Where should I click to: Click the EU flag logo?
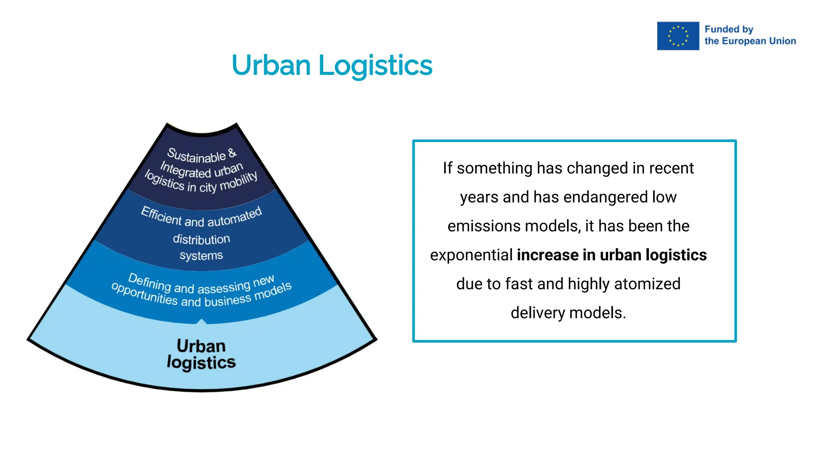pyautogui.click(x=678, y=36)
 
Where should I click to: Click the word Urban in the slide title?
pyautogui.click(x=271, y=65)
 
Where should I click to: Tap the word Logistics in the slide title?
pyautogui.click(x=375, y=65)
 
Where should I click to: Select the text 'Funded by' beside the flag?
pyautogui.click(x=729, y=29)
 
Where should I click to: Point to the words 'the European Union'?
pyautogui.click(x=750, y=41)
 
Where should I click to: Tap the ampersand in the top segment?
pyautogui.click(x=232, y=153)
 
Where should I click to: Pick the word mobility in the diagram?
pyautogui.click(x=239, y=181)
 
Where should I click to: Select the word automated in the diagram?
pyautogui.click(x=235, y=217)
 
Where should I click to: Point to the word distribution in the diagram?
pyautogui.click(x=202, y=239)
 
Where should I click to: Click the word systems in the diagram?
pyautogui.click(x=201, y=256)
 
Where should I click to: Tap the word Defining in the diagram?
pyautogui.click(x=149, y=281)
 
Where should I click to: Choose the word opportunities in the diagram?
pyautogui.click(x=144, y=294)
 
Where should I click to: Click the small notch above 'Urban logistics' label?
pyautogui.click(x=202, y=321)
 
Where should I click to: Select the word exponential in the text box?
pyautogui.click(x=471, y=255)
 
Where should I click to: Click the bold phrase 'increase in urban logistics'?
pyautogui.click(x=611, y=255)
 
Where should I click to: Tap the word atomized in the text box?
pyautogui.click(x=647, y=284)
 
